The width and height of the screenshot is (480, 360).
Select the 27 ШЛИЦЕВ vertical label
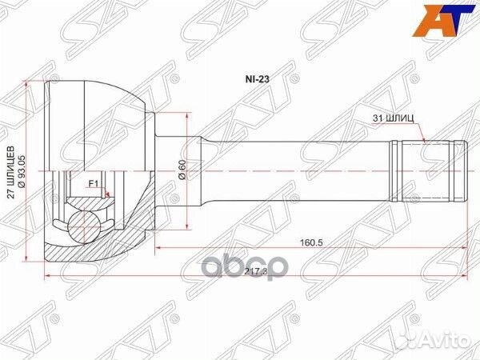(x=10, y=172)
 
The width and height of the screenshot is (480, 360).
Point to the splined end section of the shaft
(x=426, y=171)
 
